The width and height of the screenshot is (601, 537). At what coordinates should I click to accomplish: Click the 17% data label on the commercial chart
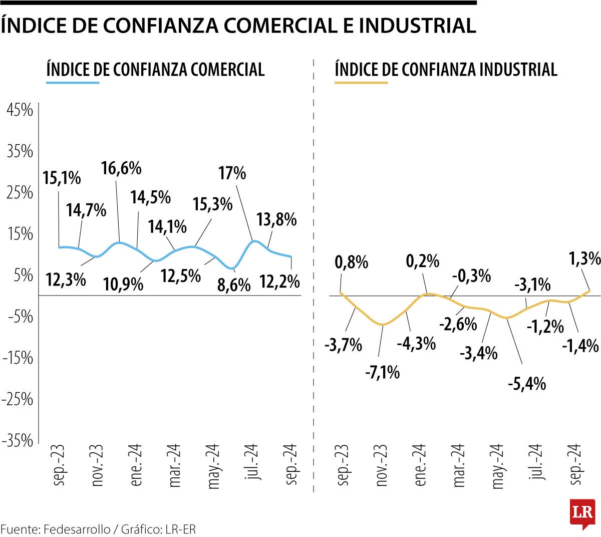point(232,173)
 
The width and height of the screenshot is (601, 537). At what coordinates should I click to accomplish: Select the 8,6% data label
point(234,286)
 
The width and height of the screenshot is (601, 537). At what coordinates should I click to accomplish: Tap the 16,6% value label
point(121,168)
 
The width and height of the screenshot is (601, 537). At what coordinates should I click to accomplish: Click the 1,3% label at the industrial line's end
point(584,258)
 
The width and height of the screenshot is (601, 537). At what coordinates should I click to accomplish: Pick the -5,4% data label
point(526,384)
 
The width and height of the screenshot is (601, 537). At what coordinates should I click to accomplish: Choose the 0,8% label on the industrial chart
point(352,262)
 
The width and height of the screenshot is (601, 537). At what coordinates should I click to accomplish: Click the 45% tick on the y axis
point(20,110)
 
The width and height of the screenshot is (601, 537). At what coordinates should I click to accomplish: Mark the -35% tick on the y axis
point(18,441)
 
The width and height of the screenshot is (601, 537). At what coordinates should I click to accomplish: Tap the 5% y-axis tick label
point(23,276)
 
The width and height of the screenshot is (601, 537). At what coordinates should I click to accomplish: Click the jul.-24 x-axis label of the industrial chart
point(536,462)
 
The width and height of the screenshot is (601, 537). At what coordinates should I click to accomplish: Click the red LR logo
point(582,513)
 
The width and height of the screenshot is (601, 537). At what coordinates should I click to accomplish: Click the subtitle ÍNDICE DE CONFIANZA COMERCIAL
point(155,69)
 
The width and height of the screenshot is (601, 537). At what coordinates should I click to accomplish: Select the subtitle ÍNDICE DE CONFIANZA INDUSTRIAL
point(446,69)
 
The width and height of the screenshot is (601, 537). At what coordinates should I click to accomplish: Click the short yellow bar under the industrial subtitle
point(361,82)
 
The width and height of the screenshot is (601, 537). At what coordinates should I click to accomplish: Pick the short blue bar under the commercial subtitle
point(73,82)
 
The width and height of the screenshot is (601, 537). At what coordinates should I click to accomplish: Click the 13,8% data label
point(276,219)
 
